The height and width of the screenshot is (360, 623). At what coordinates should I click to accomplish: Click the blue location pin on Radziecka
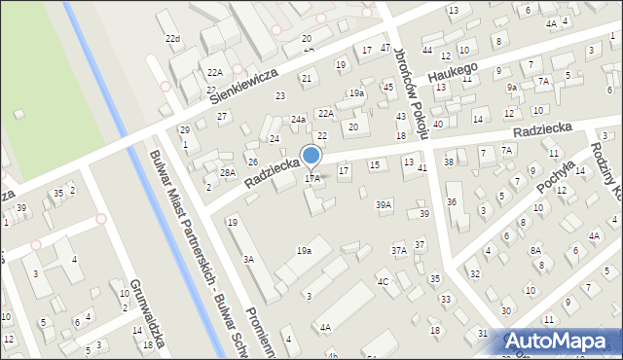[x=311, y=156]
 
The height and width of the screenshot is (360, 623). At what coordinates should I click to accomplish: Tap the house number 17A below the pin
[x=312, y=179]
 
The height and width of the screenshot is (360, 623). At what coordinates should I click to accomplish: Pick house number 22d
[x=172, y=39]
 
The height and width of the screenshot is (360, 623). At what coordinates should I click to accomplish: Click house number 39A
[x=384, y=204]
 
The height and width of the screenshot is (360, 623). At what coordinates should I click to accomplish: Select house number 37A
[x=399, y=250]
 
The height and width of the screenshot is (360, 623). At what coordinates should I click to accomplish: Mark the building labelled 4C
[x=384, y=282]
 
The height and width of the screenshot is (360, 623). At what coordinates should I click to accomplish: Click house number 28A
[x=228, y=172]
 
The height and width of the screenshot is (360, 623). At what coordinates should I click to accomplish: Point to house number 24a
[x=298, y=120]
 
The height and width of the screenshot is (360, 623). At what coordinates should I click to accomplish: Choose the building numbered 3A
[x=248, y=259]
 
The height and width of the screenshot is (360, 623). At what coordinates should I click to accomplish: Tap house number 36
[x=451, y=201]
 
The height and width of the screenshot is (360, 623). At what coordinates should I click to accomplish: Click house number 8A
[x=535, y=250]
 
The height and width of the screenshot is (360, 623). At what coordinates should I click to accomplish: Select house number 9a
[x=511, y=87]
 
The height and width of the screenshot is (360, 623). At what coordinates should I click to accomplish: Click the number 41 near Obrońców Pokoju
[x=421, y=168]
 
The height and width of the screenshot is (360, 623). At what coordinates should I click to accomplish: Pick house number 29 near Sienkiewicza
[x=184, y=130]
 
